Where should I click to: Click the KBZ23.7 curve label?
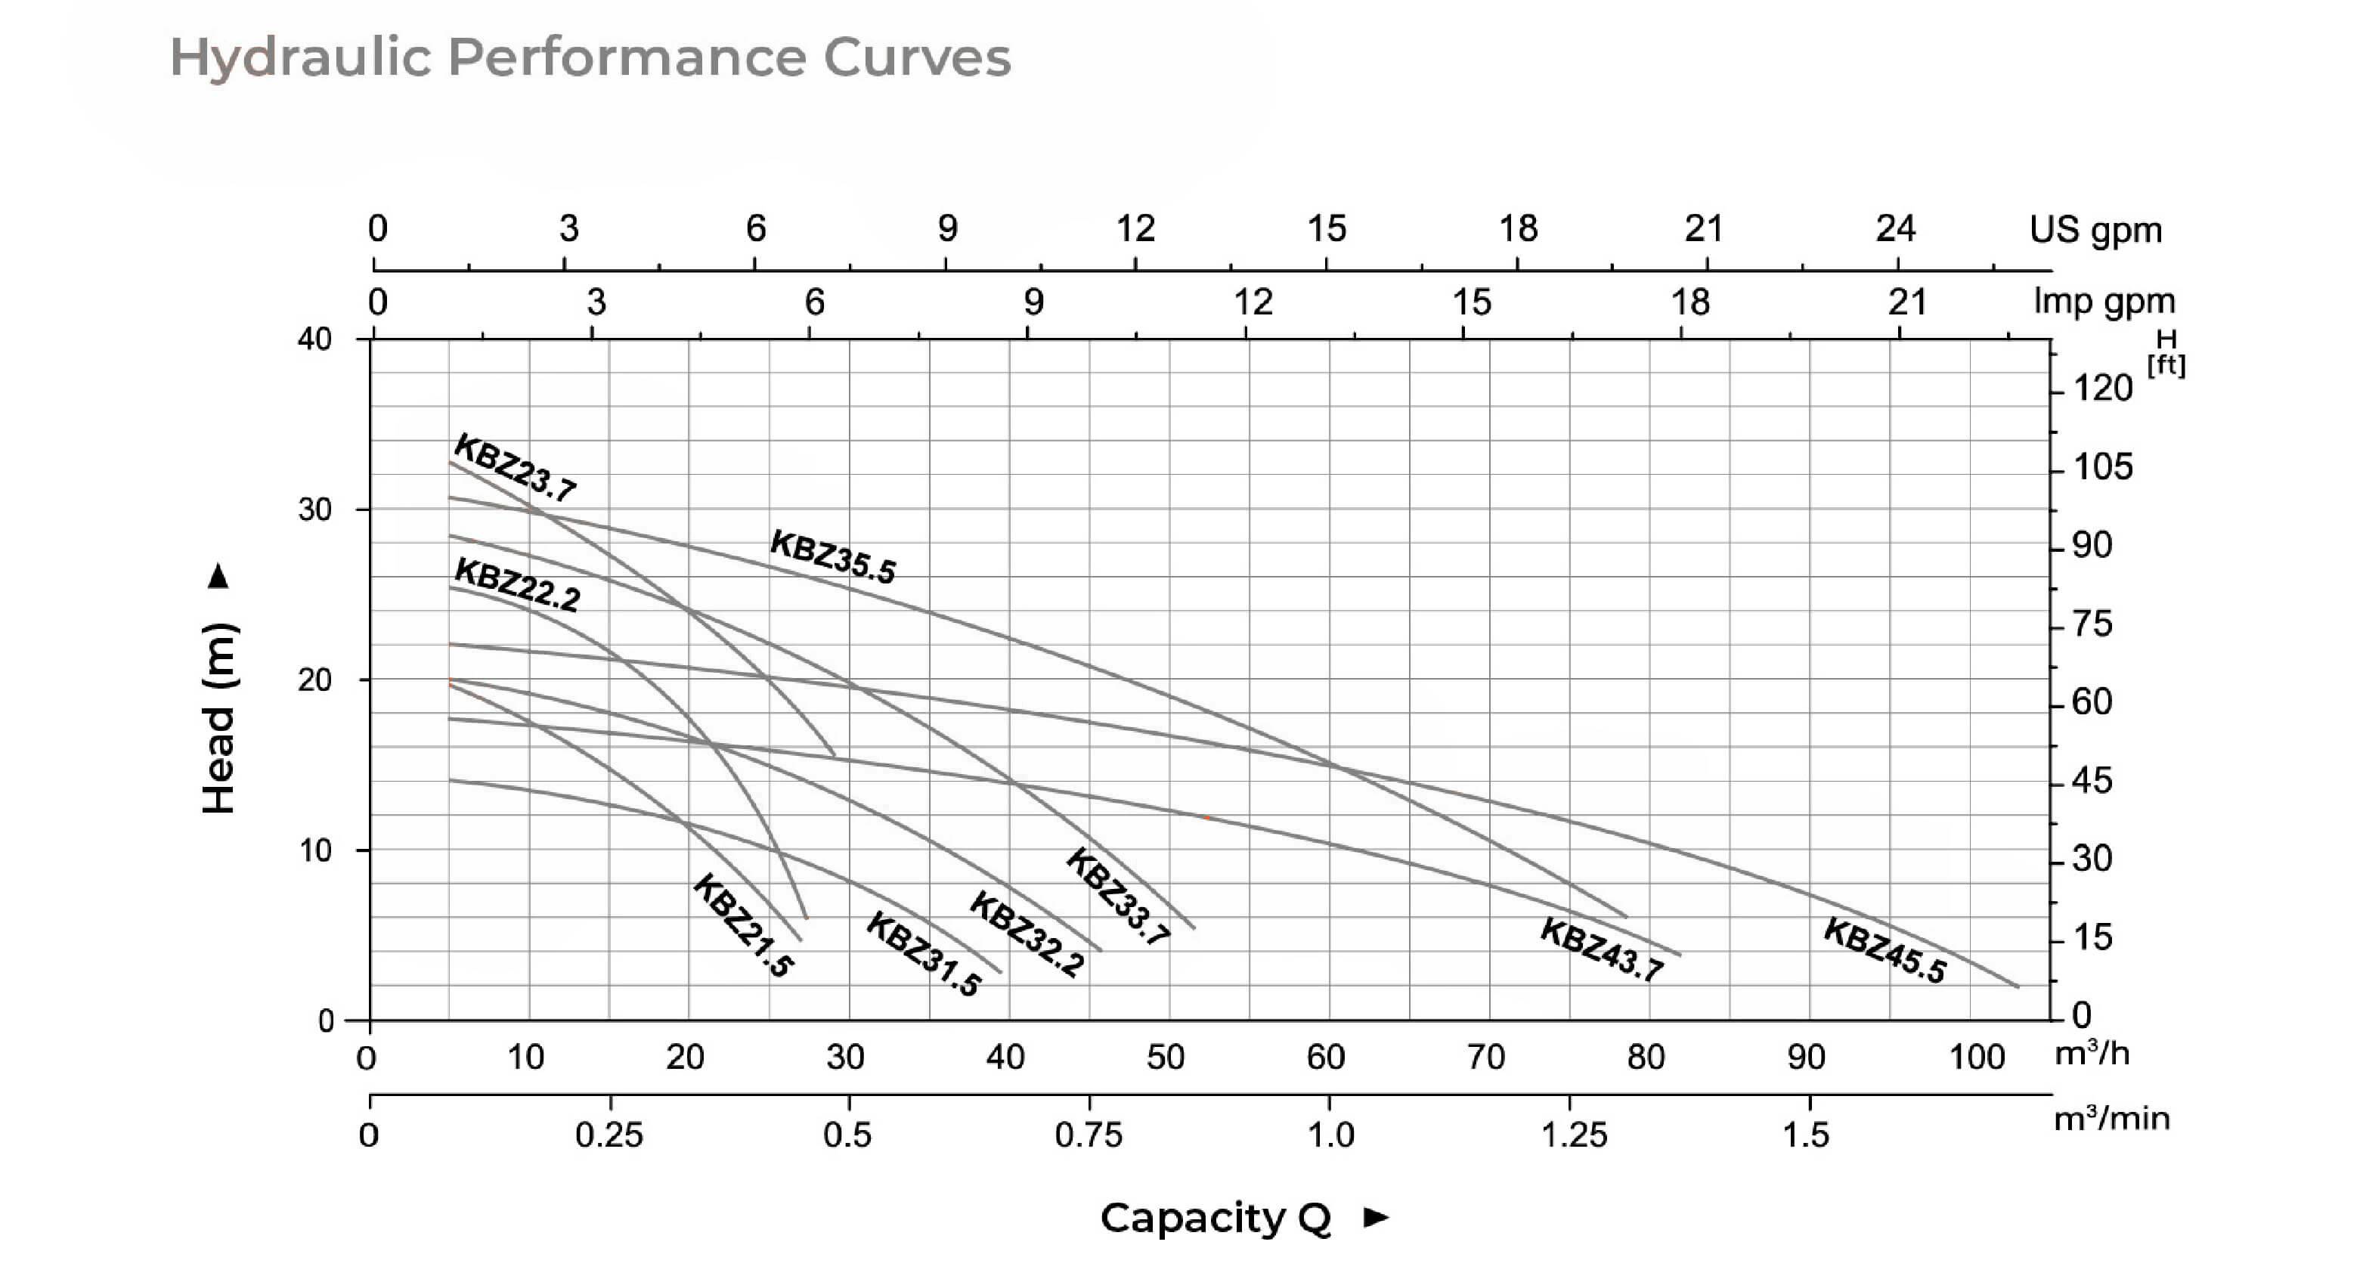point(515,468)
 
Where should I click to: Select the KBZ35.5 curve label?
point(832,556)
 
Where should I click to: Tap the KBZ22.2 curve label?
point(517,584)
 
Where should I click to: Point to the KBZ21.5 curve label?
point(743,924)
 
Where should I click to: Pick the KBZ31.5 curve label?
point(923,953)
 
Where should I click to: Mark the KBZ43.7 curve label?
point(1601,949)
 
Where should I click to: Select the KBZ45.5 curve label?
point(1885,949)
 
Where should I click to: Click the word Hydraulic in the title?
point(300,57)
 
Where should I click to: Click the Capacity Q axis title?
point(1216,1218)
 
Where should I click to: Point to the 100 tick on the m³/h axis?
point(1976,1057)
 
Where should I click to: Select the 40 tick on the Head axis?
point(314,339)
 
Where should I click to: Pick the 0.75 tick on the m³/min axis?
point(1088,1135)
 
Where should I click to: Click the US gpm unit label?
point(2095,229)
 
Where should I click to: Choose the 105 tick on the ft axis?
point(2104,467)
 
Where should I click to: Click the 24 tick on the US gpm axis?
point(1895,228)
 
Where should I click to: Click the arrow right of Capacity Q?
point(1376,1218)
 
